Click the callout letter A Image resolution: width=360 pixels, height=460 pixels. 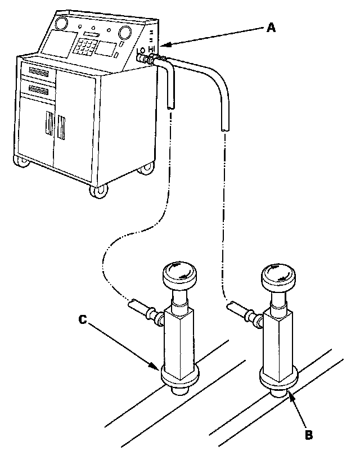pyautogui.click(x=271, y=28)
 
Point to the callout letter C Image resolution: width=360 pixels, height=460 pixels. pyautogui.click(x=82, y=319)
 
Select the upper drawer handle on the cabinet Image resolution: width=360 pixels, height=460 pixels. pyautogui.click(x=38, y=72)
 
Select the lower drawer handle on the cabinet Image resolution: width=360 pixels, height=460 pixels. pyautogui.click(x=38, y=90)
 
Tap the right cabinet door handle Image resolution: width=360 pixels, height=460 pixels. pyautogui.click(x=61, y=127)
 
